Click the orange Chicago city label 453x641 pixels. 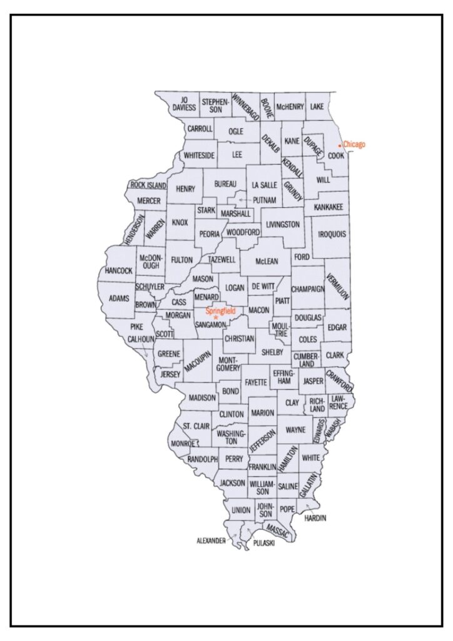[x=354, y=145]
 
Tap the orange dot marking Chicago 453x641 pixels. [x=340, y=146]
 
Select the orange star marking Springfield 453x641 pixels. [x=215, y=318]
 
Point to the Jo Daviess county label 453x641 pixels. [x=185, y=103]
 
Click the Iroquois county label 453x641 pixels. [x=331, y=234]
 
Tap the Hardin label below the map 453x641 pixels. [x=315, y=518]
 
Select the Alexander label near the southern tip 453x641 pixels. [x=211, y=540]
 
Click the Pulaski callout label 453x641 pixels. [x=263, y=544]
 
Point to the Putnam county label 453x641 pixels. [x=265, y=200]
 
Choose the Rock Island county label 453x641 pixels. [x=148, y=185]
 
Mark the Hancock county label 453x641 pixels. [x=119, y=270]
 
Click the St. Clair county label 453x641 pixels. [x=195, y=426]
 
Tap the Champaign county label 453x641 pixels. [x=308, y=289]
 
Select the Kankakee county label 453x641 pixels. [x=328, y=206]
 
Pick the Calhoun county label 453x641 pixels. [x=141, y=339]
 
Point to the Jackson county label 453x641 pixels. [x=232, y=483]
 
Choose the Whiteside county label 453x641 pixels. [x=200, y=155]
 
